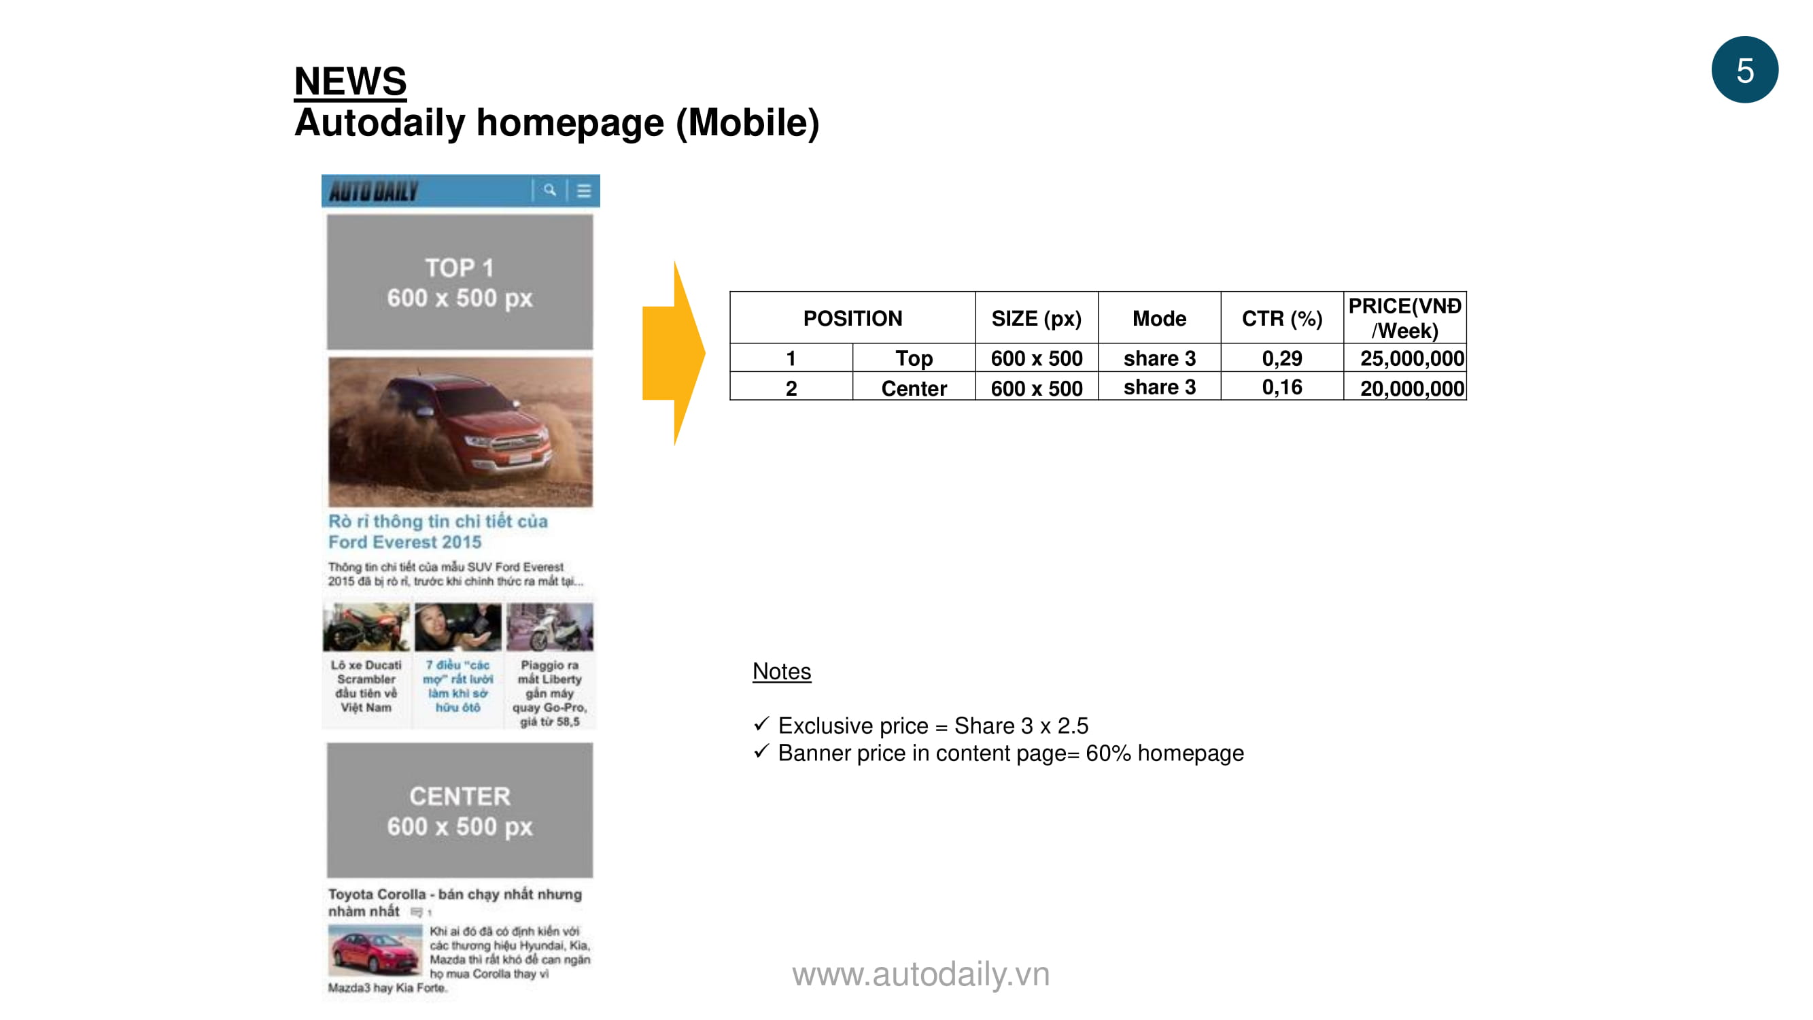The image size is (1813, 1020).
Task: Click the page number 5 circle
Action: [x=1744, y=69]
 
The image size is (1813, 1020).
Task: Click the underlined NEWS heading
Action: [x=350, y=81]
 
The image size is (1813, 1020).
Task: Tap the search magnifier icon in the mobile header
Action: [x=550, y=190]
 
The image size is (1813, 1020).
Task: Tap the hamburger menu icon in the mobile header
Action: [x=583, y=191]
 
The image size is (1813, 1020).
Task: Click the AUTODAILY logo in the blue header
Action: [x=373, y=191]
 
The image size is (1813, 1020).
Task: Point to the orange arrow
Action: [x=674, y=353]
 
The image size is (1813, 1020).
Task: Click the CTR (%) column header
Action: [x=1281, y=318]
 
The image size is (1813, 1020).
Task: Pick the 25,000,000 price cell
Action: [x=1405, y=358]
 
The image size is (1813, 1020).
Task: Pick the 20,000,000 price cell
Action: [x=1405, y=387]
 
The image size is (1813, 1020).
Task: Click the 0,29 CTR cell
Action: [x=1281, y=358]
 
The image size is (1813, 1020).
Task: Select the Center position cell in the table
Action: [x=914, y=387]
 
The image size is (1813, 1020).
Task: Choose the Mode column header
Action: [x=1159, y=318]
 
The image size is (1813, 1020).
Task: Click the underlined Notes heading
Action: [x=781, y=672]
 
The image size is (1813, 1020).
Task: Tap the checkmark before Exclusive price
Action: [x=761, y=724]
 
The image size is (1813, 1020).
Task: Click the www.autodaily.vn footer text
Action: [x=920, y=974]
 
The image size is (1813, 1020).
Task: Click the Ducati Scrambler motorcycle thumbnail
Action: [x=366, y=626]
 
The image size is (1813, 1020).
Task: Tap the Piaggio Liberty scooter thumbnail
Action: [x=550, y=626]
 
